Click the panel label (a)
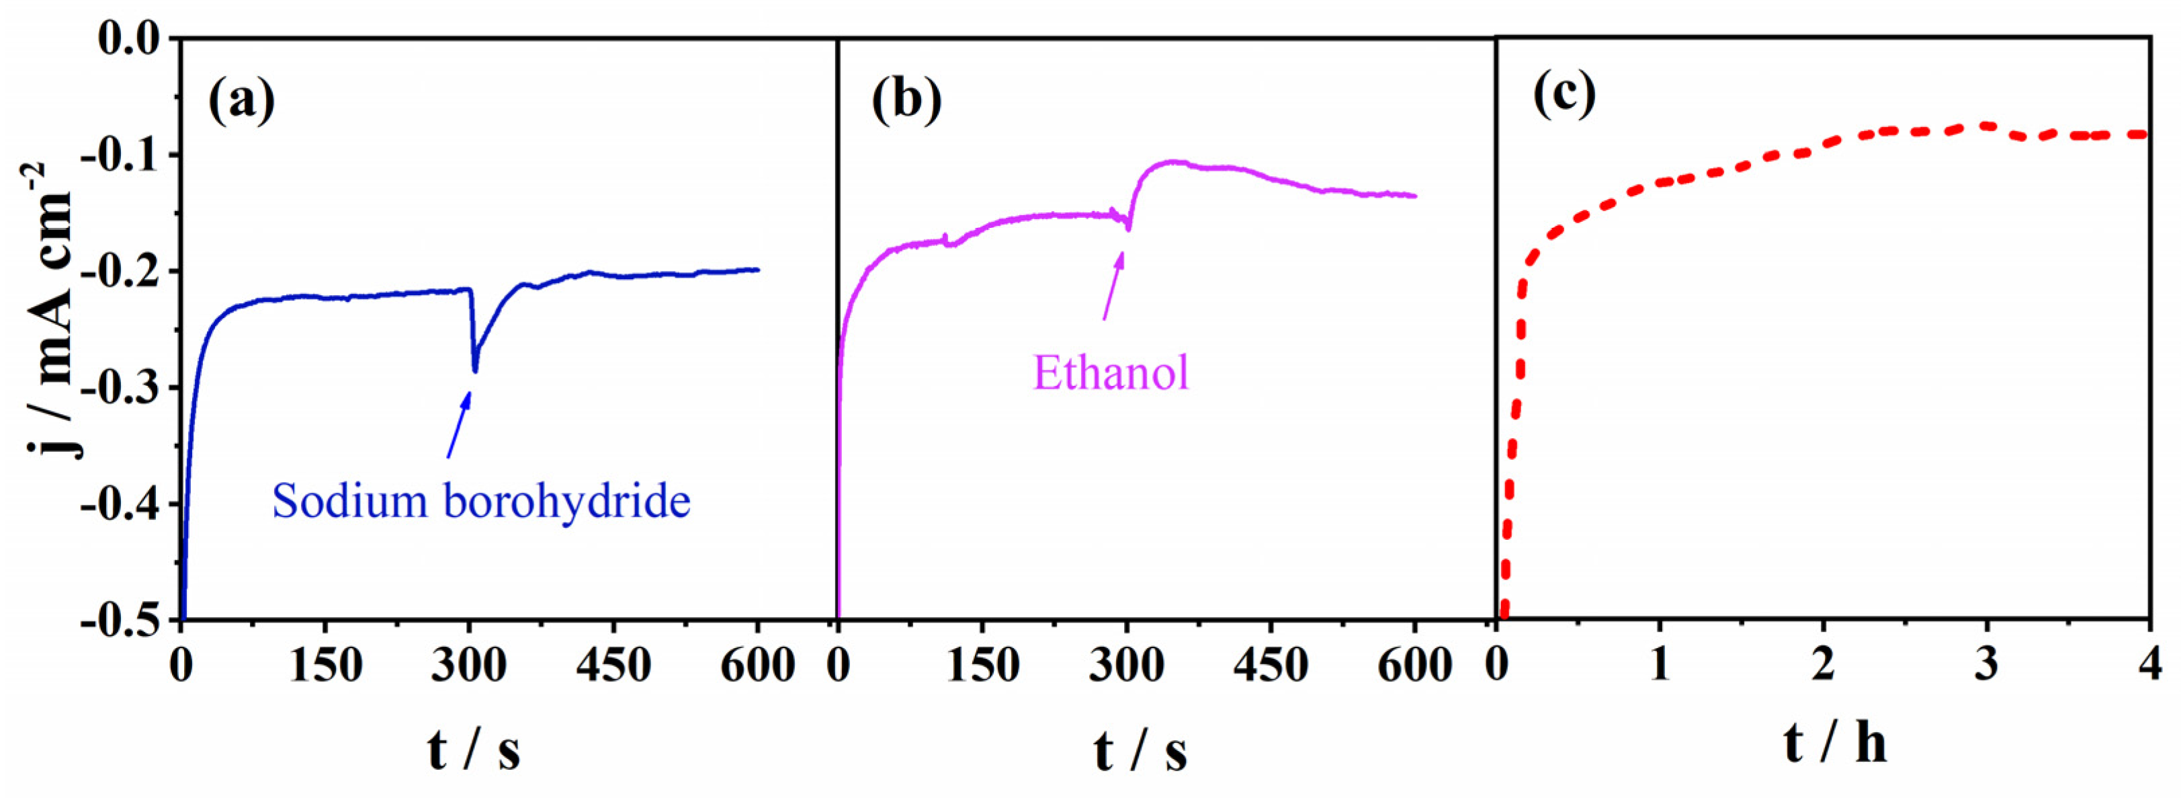241,101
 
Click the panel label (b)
906,101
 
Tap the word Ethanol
1111,372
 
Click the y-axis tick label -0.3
118,388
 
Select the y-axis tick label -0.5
118,621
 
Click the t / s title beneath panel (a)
473,750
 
